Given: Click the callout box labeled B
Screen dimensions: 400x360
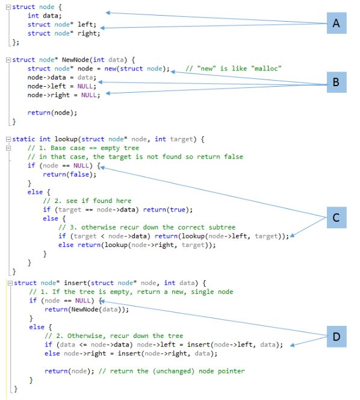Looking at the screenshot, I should [x=336, y=82].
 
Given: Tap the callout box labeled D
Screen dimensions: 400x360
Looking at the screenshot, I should [x=336, y=336].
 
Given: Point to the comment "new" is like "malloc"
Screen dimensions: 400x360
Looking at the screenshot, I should [x=234, y=69].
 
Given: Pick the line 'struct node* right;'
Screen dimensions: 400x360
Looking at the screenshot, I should [x=63, y=33].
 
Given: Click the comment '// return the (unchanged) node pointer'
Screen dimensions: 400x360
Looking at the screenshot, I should [x=171, y=370].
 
